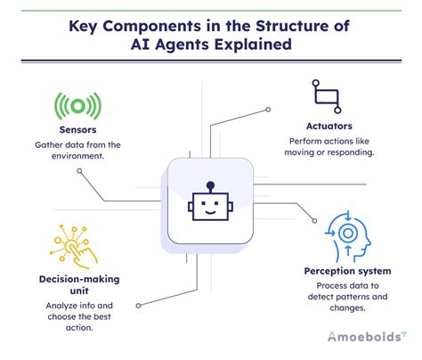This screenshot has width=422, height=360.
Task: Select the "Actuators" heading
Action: point(323,126)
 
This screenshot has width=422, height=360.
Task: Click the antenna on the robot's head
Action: point(210,187)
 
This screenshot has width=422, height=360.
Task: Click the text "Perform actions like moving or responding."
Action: point(323,147)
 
